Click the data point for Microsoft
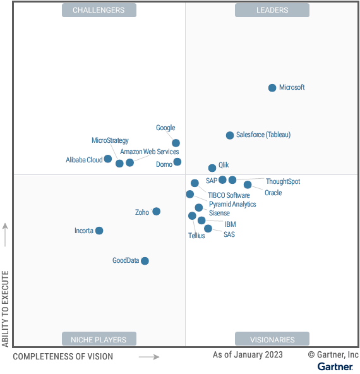pyautogui.click(x=272, y=88)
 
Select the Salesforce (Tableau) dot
pyautogui.click(x=230, y=135)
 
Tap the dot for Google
pyautogui.click(x=176, y=143)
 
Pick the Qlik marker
pyautogui.click(x=212, y=168)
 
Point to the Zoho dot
pyautogui.click(x=157, y=212)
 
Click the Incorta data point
pyautogui.click(x=99, y=231)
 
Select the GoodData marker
pyautogui.click(x=145, y=261)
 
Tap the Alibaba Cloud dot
pyautogui.click(x=108, y=159)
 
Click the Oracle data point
pyautogui.click(x=248, y=184)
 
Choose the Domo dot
pyautogui.click(x=177, y=162)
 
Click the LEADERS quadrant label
pyautogui.click(x=272, y=10)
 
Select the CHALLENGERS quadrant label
pyautogui.click(x=99, y=10)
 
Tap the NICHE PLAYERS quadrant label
pyautogui.click(x=99, y=339)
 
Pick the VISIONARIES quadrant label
pyautogui.click(x=272, y=339)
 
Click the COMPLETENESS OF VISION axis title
pyautogui.click(x=63, y=356)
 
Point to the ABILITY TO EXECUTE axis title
pyautogui.click(x=6, y=309)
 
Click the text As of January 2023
pyautogui.click(x=248, y=355)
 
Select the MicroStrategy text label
pyautogui.click(x=110, y=140)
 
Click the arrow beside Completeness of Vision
pyautogui.click(x=149, y=357)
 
